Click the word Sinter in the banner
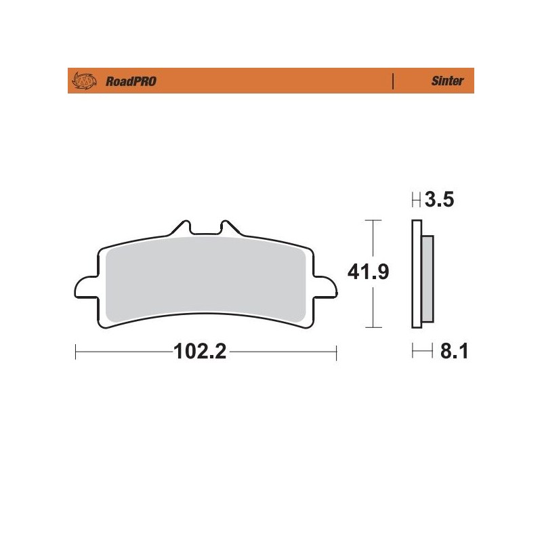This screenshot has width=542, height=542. pyautogui.click(x=447, y=82)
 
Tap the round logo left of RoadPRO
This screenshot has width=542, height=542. pyautogui.click(x=86, y=82)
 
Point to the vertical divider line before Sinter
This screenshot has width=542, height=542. pyautogui.click(x=393, y=82)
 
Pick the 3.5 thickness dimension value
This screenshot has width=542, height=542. pyautogui.click(x=440, y=201)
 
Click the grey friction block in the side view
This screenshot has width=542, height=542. pyautogui.click(x=428, y=278)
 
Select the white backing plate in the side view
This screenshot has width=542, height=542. pyautogui.click(x=416, y=278)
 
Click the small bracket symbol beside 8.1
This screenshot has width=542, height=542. pyautogui.click(x=421, y=352)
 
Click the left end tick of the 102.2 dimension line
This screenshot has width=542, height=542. pyautogui.click(x=75, y=352)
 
